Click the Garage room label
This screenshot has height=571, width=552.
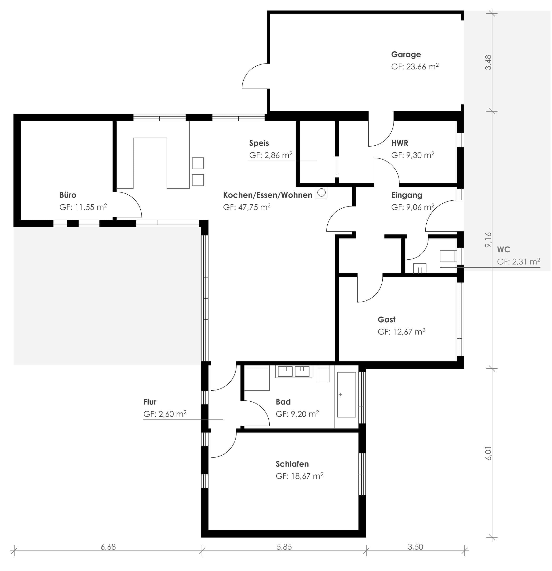pyautogui.click(x=406, y=54)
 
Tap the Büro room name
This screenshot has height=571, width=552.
pyautogui.click(x=68, y=195)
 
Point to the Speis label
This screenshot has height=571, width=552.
pyautogui.click(x=259, y=143)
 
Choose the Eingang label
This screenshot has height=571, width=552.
pyautogui.click(x=407, y=195)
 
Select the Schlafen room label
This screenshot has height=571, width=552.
pyautogui.click(x=292, y=463)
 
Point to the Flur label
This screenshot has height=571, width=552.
pyautogui.click(x=150, y=402)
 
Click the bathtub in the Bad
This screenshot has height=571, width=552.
pyautogui.click(x=347, y=394)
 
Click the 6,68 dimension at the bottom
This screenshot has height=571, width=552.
pyautogui.click(x=108, y=547)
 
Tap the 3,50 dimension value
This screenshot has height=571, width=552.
pyautogui.click(x=415, y=547)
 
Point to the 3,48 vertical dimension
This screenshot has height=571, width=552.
pyautogui.click(x=488, y=62)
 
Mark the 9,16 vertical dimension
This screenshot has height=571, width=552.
pyautogui.click(x=488, y=240)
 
